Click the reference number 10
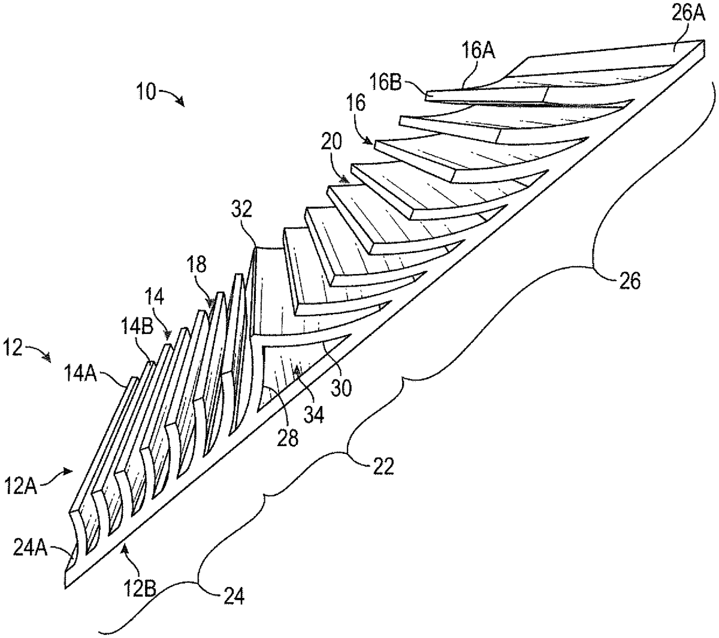tap(144, 93)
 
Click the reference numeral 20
tap(331, 142)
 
